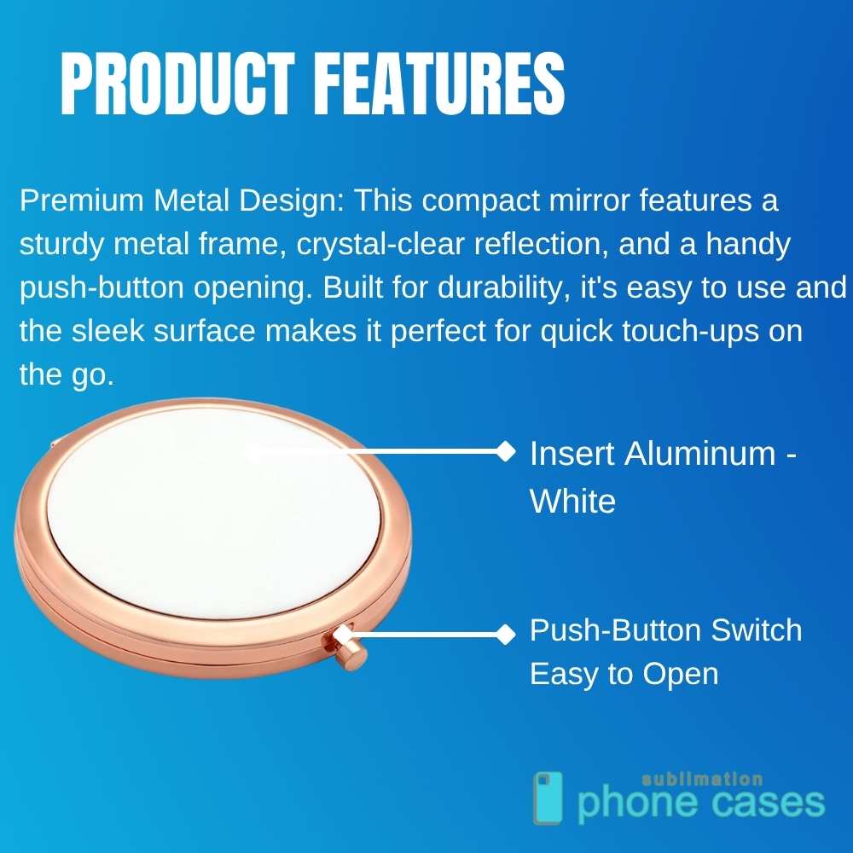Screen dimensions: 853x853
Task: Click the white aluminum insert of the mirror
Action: point(213,512)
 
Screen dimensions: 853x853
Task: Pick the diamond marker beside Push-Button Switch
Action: point(506,633)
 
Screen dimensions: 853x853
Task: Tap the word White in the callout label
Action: point(572,502)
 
